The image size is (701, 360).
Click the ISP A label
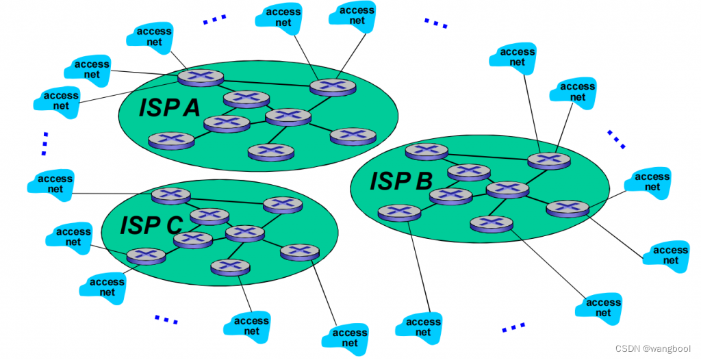169,108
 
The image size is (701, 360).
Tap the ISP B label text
401,181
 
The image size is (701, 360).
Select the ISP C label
151,224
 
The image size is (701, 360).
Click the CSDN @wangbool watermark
653,348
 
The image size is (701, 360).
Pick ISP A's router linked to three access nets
201,78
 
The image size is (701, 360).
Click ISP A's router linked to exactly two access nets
333,87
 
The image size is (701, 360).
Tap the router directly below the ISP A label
170,140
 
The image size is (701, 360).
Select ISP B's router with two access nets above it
549,160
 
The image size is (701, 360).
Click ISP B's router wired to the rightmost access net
568,208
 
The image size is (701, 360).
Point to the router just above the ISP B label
426,151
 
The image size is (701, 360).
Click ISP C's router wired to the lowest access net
300,252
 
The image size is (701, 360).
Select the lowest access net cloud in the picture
349,337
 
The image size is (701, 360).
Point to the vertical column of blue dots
44,144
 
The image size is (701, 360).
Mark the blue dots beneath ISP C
166,319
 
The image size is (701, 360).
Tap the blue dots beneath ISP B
513,326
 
